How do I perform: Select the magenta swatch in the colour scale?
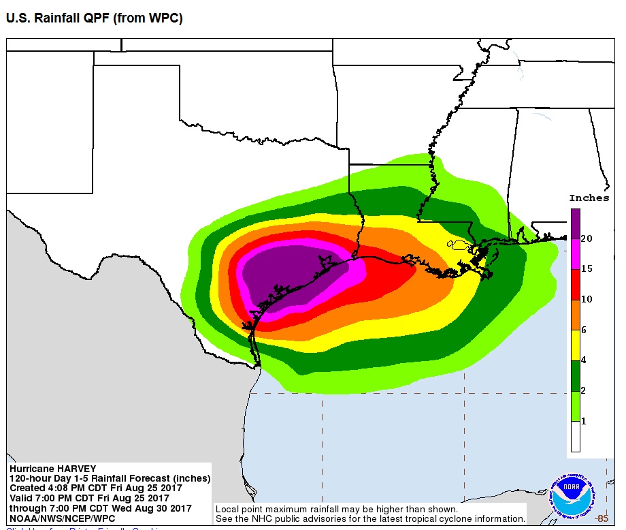pos(575,253)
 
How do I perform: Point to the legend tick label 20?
pos(586,238)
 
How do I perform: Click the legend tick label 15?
pos(586,268)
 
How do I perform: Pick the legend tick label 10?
pos(586,299)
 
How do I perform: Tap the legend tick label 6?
pos(584,330)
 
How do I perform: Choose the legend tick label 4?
pos(584,360)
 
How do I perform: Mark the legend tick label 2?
pos(584,390)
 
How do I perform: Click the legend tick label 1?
pos(584,421)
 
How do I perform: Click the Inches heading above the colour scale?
pos(589,198)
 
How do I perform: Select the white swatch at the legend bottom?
pos(575,437)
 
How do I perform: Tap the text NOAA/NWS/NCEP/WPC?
pos(62,518)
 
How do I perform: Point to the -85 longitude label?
pos(601,519)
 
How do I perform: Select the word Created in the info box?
pos(29,488)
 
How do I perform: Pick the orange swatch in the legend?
pos(575,314)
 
